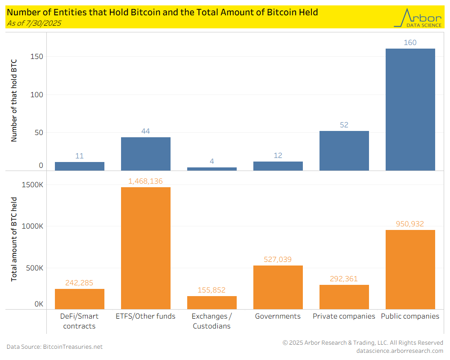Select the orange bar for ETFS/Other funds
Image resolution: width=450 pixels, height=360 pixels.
pyautogui.click(x=146, y=248)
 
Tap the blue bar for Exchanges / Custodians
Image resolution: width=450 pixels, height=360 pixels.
pyautogui.click(x=212, y=169)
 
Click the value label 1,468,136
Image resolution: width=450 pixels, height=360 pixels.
pyautogui.click(x=146, y=181)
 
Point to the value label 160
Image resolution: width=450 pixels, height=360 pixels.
pyautogui.click(x=410, y=43)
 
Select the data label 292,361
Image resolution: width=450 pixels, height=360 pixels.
pyautogui.click(x=344, y=279)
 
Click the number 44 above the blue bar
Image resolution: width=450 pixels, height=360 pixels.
pyautogui.click(x=146, y=131)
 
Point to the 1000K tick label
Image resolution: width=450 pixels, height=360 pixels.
pyautogui.click(x=34, y=226)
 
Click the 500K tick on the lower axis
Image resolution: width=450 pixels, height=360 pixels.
pyautogui.click(x=35, y=268)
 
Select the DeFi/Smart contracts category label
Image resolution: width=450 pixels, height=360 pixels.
pyautogui.click(x=80, y=321)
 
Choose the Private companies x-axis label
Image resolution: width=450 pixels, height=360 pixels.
pyautogui.click(x=344, y=316)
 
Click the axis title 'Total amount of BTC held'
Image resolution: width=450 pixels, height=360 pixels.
pyautogui.click(x=14, y=239)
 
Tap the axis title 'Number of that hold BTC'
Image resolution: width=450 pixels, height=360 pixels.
pyautogui.click(x=14, y=102)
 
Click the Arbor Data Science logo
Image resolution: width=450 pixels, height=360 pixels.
pyautogui.click(x=417, y=18)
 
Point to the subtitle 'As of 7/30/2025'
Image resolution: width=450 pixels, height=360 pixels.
pyautogui.click(x=34, y=23)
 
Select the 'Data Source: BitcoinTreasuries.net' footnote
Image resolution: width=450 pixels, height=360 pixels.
pyautogui.click(x=54, y=346)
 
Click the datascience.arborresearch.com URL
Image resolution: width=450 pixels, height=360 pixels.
pyautogui.click(x=400, y=351)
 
